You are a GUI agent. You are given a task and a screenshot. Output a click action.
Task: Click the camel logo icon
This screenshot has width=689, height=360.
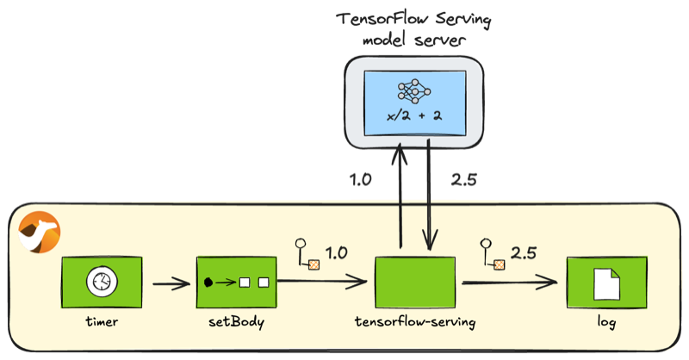click(40, 232)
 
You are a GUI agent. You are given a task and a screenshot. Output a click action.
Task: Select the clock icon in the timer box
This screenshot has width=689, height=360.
click(102, 282)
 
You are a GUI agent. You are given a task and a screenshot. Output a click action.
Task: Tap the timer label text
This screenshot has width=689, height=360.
click(102, 321)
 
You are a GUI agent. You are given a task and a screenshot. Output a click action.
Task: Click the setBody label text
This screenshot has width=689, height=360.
click(236, 322)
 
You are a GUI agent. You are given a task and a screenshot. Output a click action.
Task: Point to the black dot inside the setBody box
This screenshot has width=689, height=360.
click(208, 282)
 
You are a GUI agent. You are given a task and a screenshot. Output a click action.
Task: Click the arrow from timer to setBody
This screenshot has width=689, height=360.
click(171, 283)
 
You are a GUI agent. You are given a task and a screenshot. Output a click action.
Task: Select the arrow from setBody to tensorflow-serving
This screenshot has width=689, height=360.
click(322, 282)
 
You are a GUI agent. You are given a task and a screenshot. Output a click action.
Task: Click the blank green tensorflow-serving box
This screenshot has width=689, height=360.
click(415, 282)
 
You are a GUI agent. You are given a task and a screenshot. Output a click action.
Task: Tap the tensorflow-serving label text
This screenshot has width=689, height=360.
click(415, 322)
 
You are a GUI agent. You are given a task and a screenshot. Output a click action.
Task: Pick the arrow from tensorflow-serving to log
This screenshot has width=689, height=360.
click(510, 282)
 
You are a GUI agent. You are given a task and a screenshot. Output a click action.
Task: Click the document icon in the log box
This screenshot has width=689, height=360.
click(607, 284)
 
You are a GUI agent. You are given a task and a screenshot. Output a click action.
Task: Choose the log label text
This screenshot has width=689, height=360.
click(606, 322)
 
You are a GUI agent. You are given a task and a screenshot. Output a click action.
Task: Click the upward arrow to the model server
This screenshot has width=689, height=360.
click(400, 196)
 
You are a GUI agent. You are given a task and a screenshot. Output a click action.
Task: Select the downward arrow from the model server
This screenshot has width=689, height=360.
click(429, 196)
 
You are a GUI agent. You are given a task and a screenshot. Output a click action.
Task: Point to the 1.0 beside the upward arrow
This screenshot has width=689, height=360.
click(360, 179)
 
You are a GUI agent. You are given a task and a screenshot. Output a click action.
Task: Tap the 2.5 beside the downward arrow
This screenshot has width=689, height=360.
click(464, 179)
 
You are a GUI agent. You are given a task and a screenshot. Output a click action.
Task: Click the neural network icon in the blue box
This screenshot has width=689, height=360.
click(414, 91)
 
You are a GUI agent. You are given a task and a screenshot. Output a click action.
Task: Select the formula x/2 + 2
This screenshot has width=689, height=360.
click(414, 116)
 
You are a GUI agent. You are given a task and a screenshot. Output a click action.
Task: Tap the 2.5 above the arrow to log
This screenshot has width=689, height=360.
click(524, 252)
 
